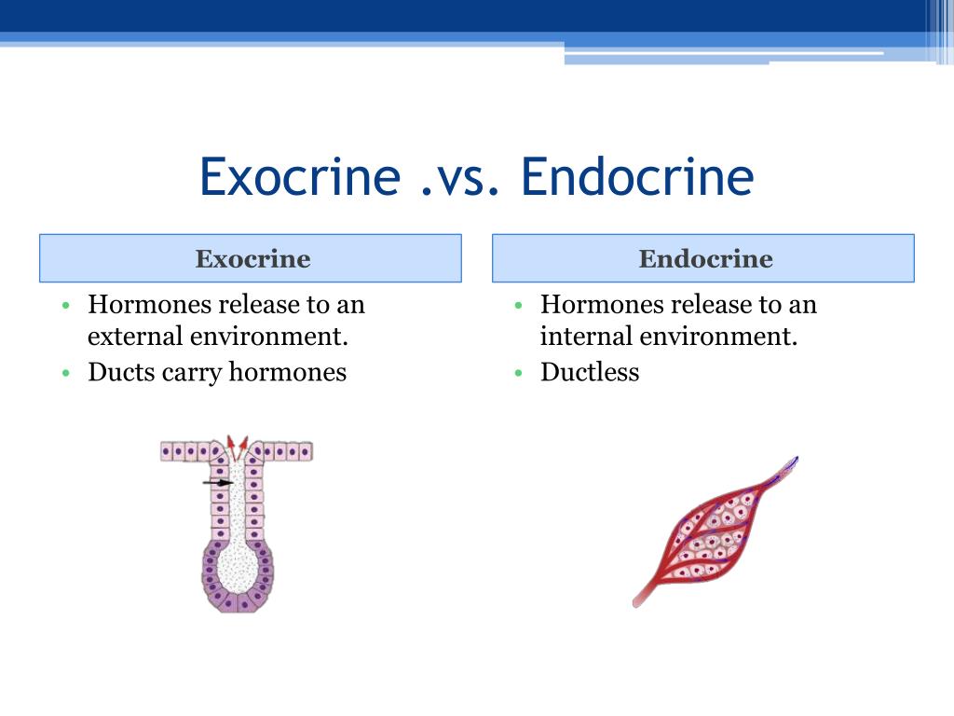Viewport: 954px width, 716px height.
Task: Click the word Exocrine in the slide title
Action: [300, 176]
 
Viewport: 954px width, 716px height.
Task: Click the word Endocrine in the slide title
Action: [637, 176]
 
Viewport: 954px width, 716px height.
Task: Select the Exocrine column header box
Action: [251, 258]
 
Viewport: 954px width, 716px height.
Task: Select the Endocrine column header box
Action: [703, 258]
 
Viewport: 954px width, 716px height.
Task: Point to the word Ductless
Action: [590, 371]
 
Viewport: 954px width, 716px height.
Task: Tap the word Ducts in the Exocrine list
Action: [122, 371]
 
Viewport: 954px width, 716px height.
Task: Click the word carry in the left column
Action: [192, 374]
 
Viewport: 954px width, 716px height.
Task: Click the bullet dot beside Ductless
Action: [518, 373]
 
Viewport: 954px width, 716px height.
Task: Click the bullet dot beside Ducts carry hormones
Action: [66, 373]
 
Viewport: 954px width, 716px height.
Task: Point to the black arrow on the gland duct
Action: [218, 483]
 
